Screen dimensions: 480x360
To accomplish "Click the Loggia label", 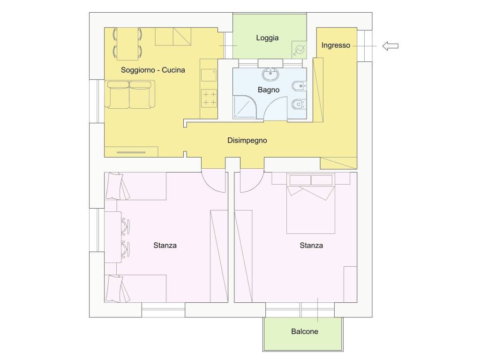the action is click(267, 38).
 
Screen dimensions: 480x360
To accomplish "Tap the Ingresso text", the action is click(336, 45).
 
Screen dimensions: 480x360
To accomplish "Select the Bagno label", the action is click(269, 90).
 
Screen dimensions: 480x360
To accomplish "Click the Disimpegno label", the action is click(247, 141).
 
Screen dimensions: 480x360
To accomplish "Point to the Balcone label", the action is click(305, 331).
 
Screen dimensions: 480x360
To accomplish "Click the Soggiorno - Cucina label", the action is click(153, 70).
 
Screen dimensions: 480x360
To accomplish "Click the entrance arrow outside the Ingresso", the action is click(390, 46).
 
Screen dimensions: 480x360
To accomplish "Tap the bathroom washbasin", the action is click(270, 75).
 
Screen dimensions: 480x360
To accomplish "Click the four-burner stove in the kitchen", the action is click(210, 98).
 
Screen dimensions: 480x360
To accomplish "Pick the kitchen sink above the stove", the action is click(209, 75).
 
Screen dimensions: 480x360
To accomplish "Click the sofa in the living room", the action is click(129, 94).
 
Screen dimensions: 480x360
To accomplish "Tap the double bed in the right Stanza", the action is click(311, 203).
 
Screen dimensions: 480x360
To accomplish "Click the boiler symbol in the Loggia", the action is click(299, 50).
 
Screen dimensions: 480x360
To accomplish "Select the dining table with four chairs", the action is click(127, 44).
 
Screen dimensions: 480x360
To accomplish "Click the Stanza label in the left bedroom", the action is click(165, 245).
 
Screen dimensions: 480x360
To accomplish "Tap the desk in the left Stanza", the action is click(113, 237).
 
